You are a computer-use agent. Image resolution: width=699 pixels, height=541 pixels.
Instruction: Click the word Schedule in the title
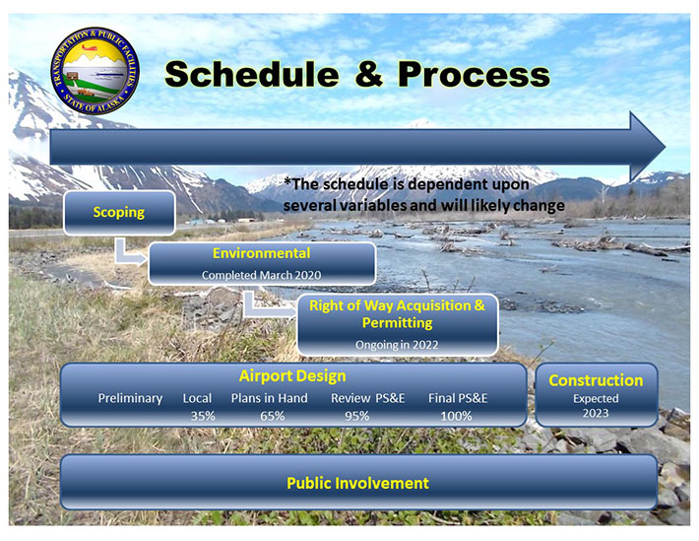[252, 73]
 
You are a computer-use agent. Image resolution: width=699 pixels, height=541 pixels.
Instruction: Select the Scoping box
[119, 212]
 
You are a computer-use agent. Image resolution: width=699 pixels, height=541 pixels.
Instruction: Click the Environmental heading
[261, 254]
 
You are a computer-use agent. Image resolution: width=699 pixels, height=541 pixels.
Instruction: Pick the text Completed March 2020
[261, 275]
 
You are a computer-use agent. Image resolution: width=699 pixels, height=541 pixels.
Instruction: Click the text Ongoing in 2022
[397, 344]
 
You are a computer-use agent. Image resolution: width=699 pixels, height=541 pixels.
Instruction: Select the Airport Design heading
[292, 376]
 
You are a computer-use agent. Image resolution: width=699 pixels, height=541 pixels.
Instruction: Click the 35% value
[204, 416]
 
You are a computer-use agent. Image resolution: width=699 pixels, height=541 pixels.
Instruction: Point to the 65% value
[272, 416]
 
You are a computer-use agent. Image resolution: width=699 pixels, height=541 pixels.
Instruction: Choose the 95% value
[356, 416]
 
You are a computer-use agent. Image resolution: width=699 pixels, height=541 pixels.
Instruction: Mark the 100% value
[457, 416]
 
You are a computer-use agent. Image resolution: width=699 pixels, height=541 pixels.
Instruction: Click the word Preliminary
[130, 398]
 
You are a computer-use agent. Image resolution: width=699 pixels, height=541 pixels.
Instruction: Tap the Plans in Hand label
[269, 398]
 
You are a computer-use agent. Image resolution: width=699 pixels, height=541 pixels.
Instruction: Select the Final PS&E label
[458, 398]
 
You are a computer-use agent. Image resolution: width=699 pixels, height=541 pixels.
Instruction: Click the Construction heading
[596, 380]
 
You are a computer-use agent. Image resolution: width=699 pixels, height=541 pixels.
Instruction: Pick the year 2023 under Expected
[595, 413]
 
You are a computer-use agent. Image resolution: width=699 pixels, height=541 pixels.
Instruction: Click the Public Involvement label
[357, 483]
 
